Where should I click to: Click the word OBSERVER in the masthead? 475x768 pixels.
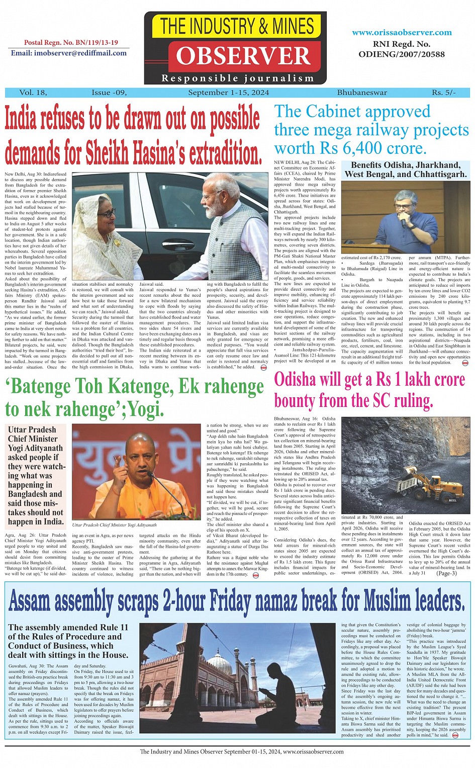tap(243, 56)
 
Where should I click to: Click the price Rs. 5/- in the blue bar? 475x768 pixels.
tap(443, 93)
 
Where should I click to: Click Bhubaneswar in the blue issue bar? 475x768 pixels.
tap(362, 93)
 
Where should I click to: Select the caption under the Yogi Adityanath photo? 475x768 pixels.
tap(115, 525)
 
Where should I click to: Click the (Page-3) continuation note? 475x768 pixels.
tap(446, 573)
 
